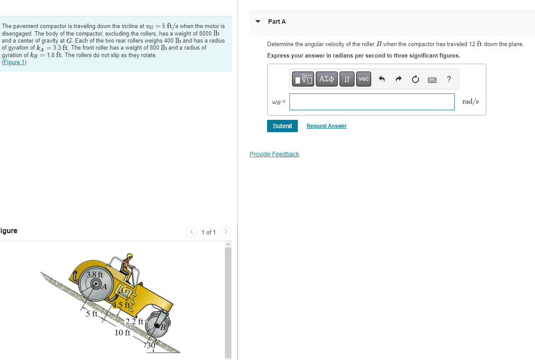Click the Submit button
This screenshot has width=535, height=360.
pyautogui.click(x=282, y=126)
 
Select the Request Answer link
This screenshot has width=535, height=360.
pyautogui.click(x=326, y=126)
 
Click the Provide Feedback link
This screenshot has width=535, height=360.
pyautogui.click(x=274, y=154)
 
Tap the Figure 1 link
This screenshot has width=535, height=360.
pyautogui.click(x=14, y=62)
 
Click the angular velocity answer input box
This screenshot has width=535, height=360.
pyautogui.click(x=372, y=102)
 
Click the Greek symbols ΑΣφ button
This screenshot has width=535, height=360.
pyautogui.click(x=326, y=79)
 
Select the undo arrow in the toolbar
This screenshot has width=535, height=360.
pyautogui.click(x=382, y=79)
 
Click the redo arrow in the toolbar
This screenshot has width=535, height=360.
pyautogui.click(x=399, y=79)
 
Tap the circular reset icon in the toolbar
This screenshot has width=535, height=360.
pyautogui.click(x=416, y=79)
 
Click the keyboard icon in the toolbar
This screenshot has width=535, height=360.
pyautogui.click(x=432, y=79)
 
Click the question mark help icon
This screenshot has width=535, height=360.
pyautogui.click(x=448, y=79)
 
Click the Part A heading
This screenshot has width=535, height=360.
pyautogui.click(x=277, y=22)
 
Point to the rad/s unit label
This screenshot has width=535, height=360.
pyautogui.click(x=470, y=101)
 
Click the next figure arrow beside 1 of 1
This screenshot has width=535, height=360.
pyautogui.click(x=225, y=232)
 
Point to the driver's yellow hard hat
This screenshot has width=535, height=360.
pyautogui.click(x=130, y=256)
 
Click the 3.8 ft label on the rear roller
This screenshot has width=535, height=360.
pyautogui.click(x=94, y=275)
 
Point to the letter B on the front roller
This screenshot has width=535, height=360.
pyautogui.click(x=162, y=327)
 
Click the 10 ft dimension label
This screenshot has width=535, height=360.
pyautogui.click(x=122, y=332)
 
